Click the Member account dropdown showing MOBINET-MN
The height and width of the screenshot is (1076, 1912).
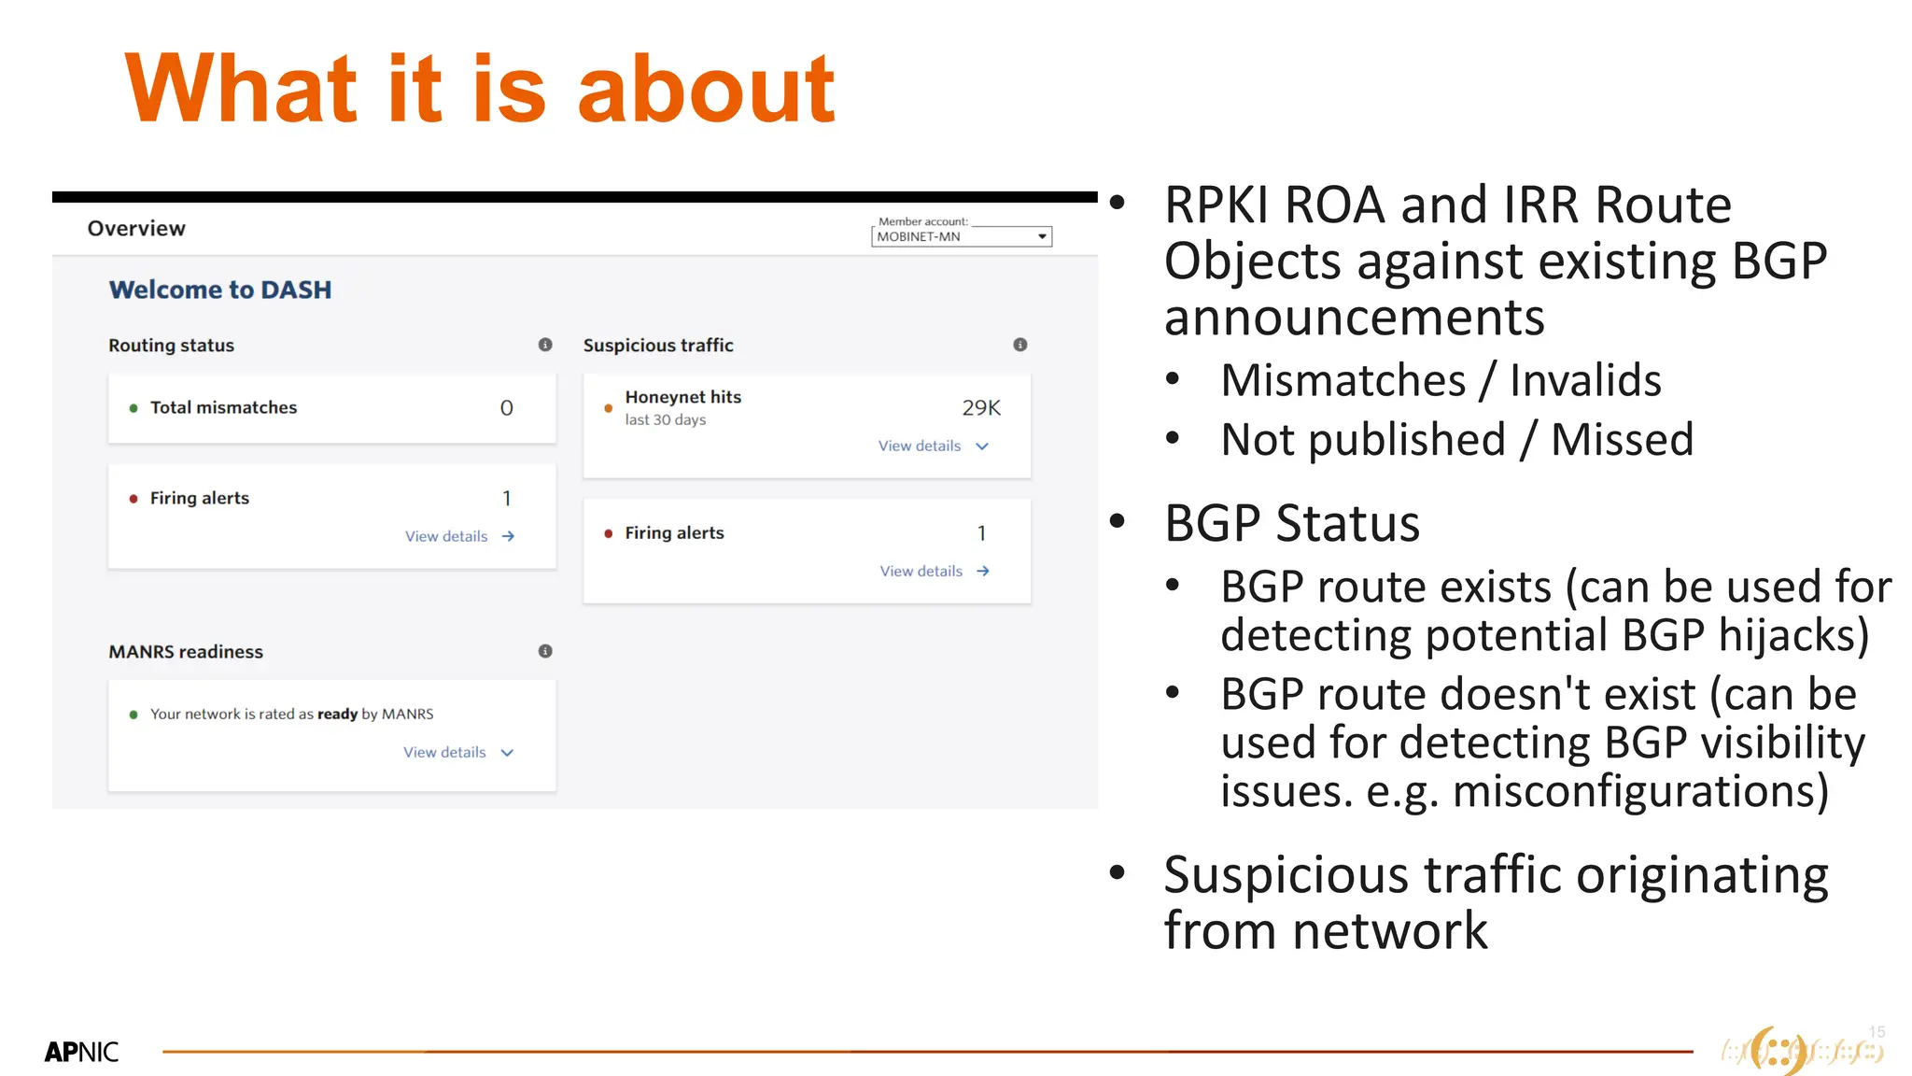click(x=961, y=236)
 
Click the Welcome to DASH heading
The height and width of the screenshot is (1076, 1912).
click(x=220, y=290)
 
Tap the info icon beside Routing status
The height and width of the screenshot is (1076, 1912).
click(x=545, y=345)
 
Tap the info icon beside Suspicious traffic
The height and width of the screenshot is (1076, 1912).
click(x=1020, y=345)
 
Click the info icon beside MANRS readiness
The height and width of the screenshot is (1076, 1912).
click(x=545, y=651)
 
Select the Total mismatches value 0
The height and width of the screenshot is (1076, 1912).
click(x=506, y=408)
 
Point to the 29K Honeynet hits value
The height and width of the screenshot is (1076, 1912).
click(x=981, y=408)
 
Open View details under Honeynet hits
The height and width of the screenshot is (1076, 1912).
click(x=932, y=446)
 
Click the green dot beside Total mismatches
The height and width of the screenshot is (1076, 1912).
click(x=134, y=408)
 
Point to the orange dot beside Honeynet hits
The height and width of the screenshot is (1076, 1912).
click(x=608, y=408)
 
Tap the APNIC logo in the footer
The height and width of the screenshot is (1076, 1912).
click(x=81, y=1052)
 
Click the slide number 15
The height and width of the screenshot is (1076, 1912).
click(x=1877, y=1032)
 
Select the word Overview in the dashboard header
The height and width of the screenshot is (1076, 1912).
click(x=136, y=229)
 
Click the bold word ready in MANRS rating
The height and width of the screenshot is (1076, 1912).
click(x=337, y=715)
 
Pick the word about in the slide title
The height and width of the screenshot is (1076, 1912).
click(x=706, y=90)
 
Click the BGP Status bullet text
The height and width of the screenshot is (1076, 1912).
click(x=1291, y=523)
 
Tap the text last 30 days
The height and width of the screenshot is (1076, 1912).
click(x=665, y=420)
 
